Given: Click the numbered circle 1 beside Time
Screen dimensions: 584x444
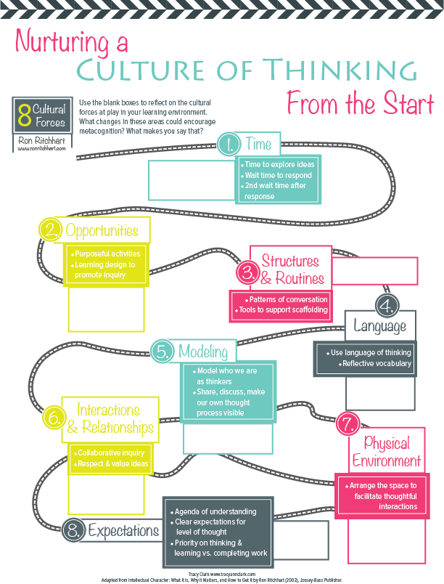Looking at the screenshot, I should coord(229,142).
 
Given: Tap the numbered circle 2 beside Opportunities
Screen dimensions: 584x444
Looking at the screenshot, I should coord(49,231).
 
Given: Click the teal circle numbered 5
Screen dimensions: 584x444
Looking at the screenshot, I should coord(163,352).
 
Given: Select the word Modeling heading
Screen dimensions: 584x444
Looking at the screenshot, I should coord(203,352).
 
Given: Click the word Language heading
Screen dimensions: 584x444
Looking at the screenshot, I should coord(379,326).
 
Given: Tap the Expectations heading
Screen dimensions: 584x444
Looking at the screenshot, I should coord(123,530).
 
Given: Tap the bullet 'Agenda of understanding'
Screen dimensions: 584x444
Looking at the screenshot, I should coord(215,511).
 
